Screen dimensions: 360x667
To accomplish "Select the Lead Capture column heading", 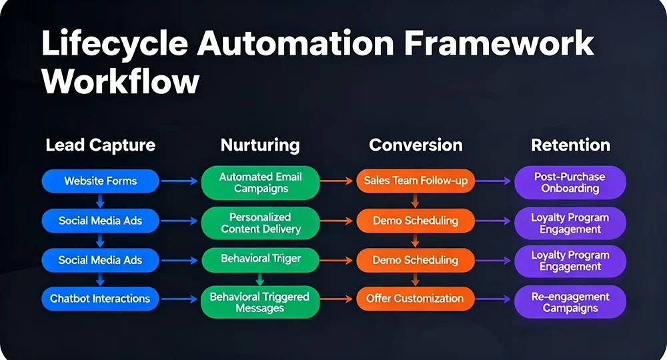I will pos(100,145).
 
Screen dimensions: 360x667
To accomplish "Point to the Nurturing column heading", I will pos(260,145).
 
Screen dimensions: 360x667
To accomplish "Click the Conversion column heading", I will pos(415,145).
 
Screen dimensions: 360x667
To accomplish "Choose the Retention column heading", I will pos(570,145).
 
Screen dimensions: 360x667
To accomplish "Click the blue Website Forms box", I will pos(100,181).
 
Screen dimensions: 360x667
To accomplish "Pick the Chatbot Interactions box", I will pos(100,299).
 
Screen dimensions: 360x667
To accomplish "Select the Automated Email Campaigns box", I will pos(261,183).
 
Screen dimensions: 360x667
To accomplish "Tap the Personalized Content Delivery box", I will pos(261,223).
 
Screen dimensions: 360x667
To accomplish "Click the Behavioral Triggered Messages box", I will pos(261,302).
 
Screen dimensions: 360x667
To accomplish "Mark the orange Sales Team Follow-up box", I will pos(415,181).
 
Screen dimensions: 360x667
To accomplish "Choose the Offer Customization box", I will pos(415,299).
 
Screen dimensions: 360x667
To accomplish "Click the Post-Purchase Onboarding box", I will pos(570,183).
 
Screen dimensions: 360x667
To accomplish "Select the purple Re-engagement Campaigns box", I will pos(570,302).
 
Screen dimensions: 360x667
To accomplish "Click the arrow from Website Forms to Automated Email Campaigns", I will pos(180,181).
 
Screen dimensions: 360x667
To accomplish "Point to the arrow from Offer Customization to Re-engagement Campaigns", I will pos(494,299).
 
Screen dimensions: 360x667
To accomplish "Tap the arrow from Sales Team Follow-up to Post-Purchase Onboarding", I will pos(494,181).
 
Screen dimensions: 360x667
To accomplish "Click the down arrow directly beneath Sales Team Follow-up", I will pos(415,200).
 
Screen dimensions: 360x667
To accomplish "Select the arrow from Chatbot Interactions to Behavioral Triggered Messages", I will pos(180,299).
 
